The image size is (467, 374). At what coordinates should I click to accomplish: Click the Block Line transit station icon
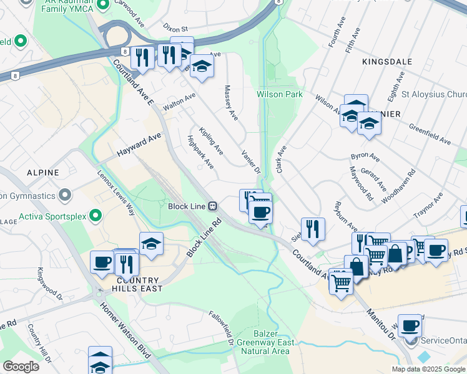pos(213,206)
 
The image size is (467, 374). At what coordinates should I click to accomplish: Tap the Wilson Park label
pos(280,94)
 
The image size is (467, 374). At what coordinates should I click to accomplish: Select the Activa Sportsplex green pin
pos(95,216)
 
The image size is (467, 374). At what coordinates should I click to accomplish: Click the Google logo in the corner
pos(21,367)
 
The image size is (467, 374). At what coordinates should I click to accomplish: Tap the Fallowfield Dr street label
pos(222,328)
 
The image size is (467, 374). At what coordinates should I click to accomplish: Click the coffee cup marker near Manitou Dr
pos(410,325)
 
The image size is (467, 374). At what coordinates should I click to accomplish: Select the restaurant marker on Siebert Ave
pos(312,228)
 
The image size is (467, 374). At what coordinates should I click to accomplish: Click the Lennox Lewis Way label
pos(116,193)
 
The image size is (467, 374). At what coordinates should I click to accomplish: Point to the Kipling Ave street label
pos(211,141)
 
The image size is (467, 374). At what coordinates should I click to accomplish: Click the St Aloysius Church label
pos(435,95)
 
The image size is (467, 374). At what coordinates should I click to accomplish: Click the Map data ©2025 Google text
pos(428,369)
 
